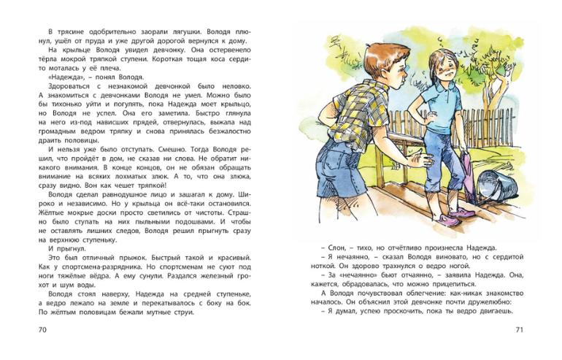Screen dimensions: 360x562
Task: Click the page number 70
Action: (x=42, y=331)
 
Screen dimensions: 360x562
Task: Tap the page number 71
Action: (x=519, y=331)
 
